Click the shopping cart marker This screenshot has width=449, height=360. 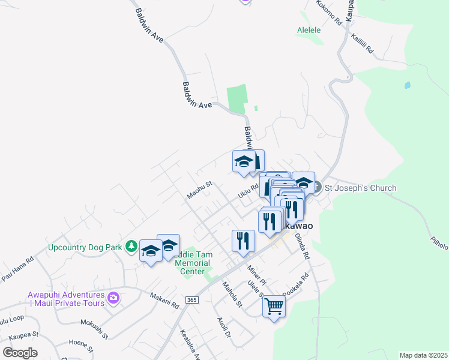tap(274, 306)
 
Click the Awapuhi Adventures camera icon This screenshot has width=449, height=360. tap(113, 297)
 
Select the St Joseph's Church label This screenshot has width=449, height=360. tap(360, 188)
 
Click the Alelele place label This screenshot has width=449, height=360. tap(309, 30)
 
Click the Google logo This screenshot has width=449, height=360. tap(20, 353)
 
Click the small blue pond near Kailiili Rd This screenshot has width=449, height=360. tap(408, 85)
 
